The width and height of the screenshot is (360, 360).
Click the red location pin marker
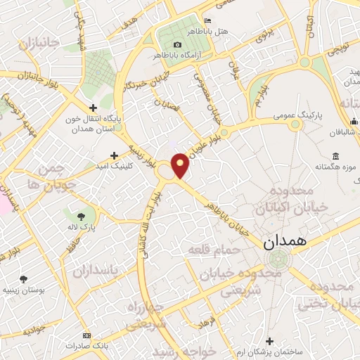click(x=181, y=166)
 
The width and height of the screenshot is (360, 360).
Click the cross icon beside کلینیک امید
click(x=114, y=155)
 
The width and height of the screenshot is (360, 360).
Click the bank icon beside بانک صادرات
click(x=86, y=335)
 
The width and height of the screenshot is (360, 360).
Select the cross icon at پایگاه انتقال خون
click(x=93, y=108)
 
